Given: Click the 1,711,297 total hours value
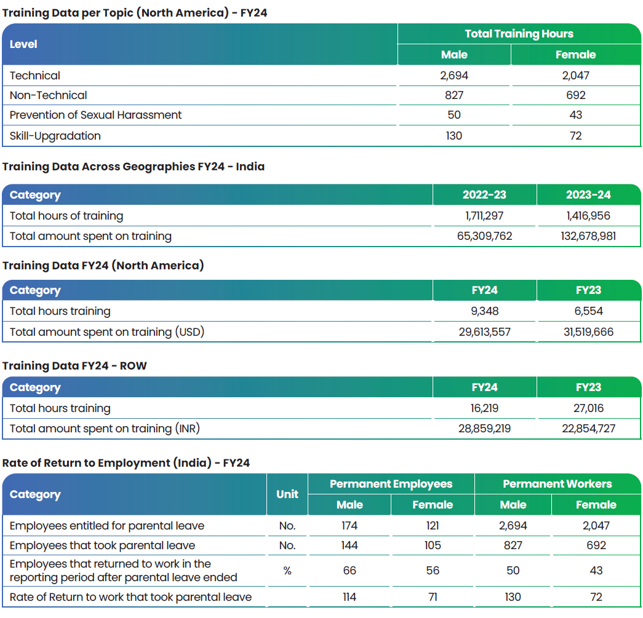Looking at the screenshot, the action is pos(484,216).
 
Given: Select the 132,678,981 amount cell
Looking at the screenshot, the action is pos(588,236).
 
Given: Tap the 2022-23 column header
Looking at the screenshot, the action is pos(484,195).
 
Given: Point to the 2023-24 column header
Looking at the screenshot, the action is pos(588,195).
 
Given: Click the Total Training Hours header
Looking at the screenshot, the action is pos(519,34).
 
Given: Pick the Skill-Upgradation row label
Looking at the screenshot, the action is pos(55,136).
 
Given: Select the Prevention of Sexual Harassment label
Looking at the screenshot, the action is pos(95,115).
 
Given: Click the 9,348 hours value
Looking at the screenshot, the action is pos(484,311).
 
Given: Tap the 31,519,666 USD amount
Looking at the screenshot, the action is pos(588,331).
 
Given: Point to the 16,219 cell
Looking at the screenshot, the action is pos(484,408).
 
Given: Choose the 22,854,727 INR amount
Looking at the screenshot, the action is pos(588,429).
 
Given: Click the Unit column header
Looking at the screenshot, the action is pos(287,494).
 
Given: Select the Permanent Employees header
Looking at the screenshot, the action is pos(391,484).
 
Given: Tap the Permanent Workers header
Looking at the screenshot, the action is pos(557,484).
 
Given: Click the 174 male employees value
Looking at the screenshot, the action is pos(349,525).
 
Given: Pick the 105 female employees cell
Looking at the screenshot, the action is pos(433,545).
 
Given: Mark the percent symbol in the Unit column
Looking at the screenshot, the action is pos(287,571).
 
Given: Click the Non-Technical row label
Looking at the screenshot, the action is pos(49,95).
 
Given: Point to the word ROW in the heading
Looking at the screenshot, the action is pos(133,365).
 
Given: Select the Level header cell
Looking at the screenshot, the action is pos(23,44).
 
